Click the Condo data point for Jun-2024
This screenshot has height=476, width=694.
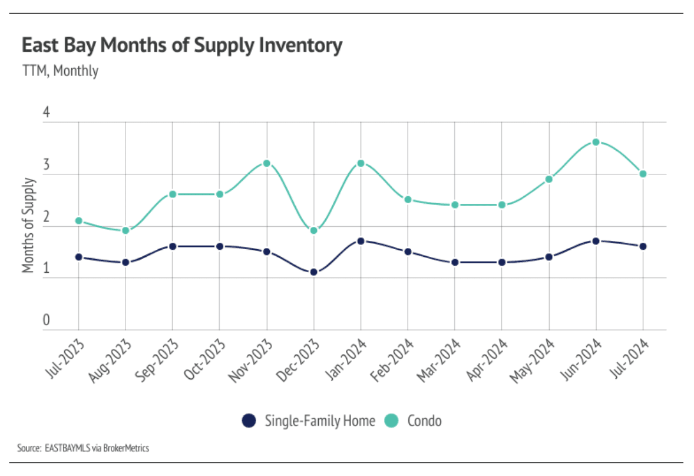pyautogui.click(x=596, y=142)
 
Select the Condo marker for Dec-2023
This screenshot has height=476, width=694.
pyautogui.click(x=313, y=230)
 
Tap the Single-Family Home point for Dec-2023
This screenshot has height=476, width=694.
pyautogui.click(x=313, y=272)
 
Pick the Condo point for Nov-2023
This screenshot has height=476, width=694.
pyautogui.click(x=266, y=163)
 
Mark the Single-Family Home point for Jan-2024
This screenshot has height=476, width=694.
pyautogui.click(x=361, y=241)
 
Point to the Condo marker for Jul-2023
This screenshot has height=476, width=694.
pyautogui.click(x=78, y=221)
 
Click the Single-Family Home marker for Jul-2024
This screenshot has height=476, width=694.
pyautogui.click(x=643, y=246)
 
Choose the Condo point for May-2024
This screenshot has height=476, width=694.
pyautogui.click(x=548, y=179)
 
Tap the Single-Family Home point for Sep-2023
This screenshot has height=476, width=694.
pyautogui.click(x=173, y=246)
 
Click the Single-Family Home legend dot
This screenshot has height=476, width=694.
pyautogui.click(x=249, y=421)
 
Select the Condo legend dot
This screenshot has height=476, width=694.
pyautogui.click(x=392, y=421)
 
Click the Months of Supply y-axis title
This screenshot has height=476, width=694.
pyautogui.click(x=28, y=225)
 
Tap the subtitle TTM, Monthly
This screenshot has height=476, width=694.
pyautogui.click(x=60, y=71)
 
